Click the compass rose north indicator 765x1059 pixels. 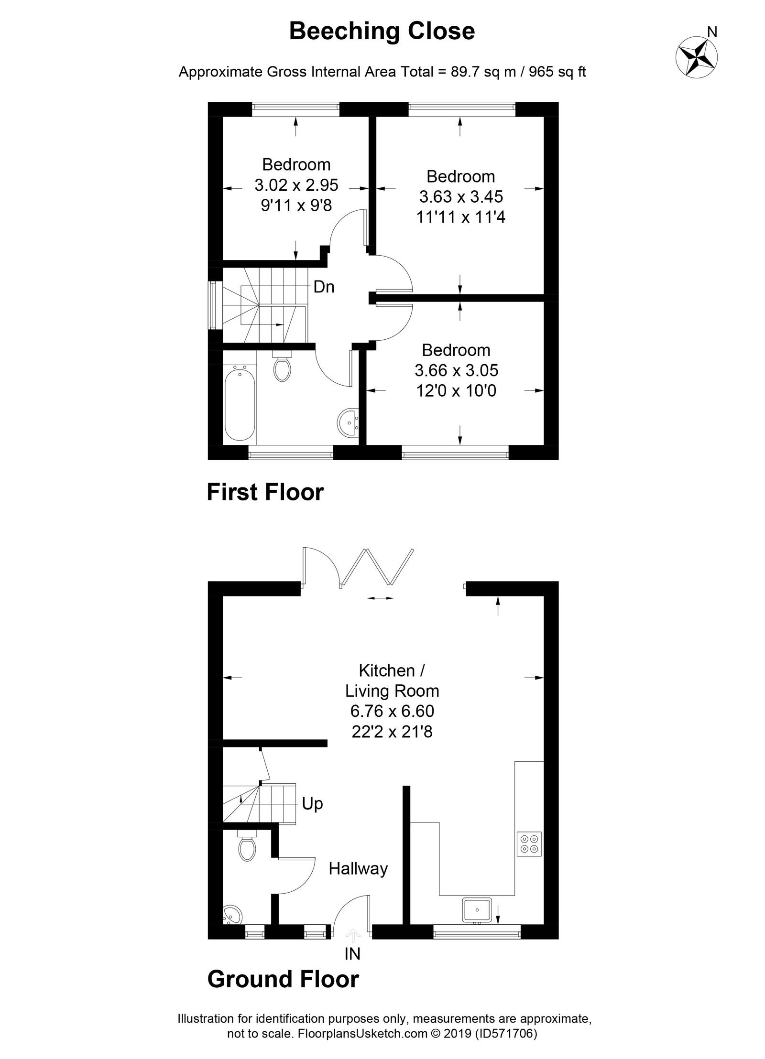(697, 56)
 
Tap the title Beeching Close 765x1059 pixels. (382, 32)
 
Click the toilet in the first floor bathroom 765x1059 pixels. (282, 366)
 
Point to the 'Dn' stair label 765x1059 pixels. (324, 287)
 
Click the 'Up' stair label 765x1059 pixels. (312, 804)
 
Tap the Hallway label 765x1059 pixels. (358, 868)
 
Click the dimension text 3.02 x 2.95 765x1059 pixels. (296, 185)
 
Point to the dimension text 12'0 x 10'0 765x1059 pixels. (456, 391)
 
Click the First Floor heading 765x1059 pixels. (265, 492)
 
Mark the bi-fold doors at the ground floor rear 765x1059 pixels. (377, 567)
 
